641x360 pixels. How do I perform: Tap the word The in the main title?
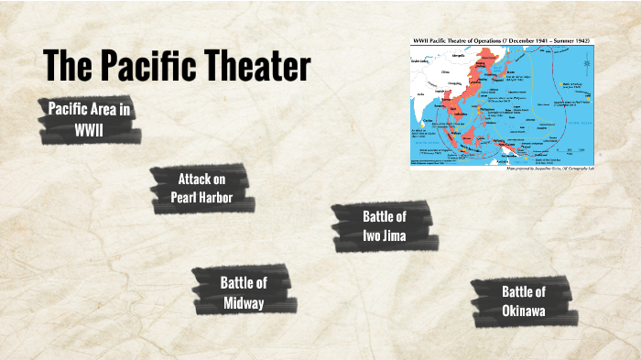(x=66, y=66)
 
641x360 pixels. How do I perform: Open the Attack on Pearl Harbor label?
(x=201, y=188)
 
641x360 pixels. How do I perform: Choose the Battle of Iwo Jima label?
(x=384, y=225)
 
